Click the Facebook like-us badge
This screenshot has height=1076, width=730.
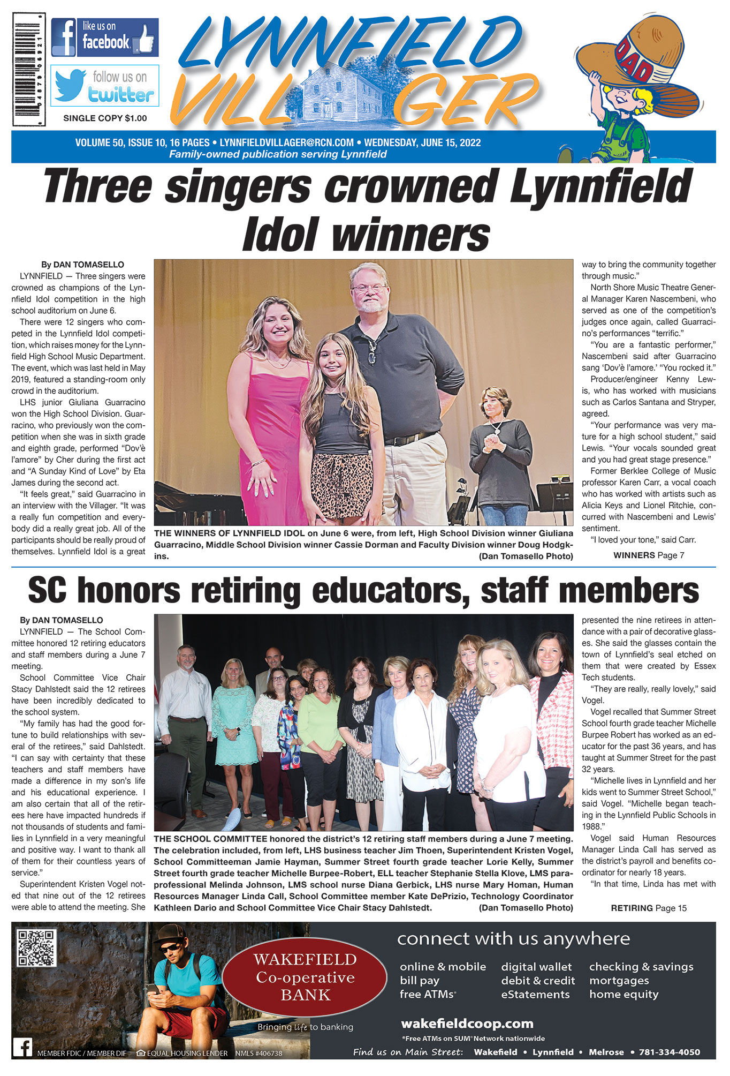(x=105, y=37)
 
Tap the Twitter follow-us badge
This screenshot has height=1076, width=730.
(x=105, y=86)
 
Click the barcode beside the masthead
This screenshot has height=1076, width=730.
(x=29, y=70)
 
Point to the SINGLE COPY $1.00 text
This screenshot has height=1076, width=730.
(x=105, y=118)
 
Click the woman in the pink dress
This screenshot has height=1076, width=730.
(x=270, y=407)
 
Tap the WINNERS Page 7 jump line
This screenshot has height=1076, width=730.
(x=649, y=555)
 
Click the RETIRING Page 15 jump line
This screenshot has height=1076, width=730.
(x=649, y=908)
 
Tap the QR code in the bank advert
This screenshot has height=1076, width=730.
(x=37, y=949)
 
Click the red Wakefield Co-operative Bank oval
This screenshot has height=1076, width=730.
(x=305, y=977)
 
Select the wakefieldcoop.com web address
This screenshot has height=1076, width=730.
(x=467, y=1024)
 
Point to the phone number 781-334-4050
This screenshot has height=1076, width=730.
(x=669, y=1052)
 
